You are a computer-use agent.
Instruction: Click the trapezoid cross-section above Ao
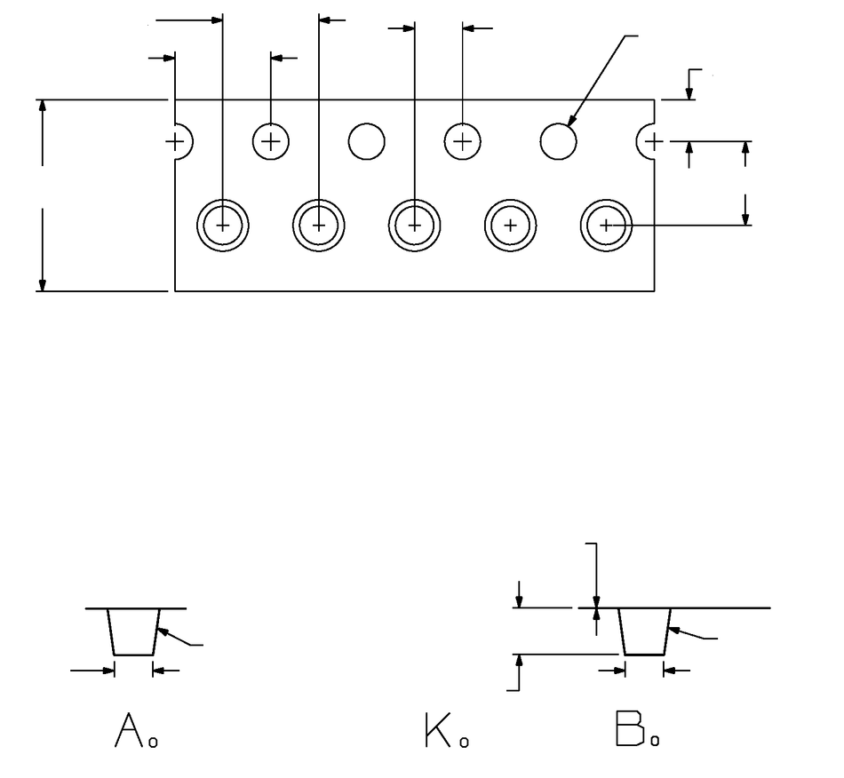coord(133,631)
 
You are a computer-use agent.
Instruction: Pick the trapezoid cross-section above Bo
coord(644,631)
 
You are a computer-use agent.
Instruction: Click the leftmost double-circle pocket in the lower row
coord(222,225)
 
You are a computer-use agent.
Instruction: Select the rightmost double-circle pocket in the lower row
coord(606,225)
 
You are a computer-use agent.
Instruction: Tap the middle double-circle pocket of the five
coord(414,225)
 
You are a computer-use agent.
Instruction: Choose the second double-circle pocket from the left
coord(318,225)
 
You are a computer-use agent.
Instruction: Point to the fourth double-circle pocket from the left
coord(510,225)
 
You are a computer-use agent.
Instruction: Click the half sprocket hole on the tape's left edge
coord(180,141)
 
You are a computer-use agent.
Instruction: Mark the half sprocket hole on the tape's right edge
coord(649,141)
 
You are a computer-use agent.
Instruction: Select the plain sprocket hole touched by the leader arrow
coord(559,141)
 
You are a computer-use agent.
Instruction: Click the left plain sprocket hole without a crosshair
coord(366,141)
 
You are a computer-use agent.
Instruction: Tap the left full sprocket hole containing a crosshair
coord(271,141)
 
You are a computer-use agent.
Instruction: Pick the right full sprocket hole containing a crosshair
coord(462,141)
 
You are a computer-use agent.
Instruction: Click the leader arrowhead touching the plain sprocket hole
coord(572,120)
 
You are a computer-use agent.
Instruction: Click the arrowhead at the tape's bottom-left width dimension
coord(42,282)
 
